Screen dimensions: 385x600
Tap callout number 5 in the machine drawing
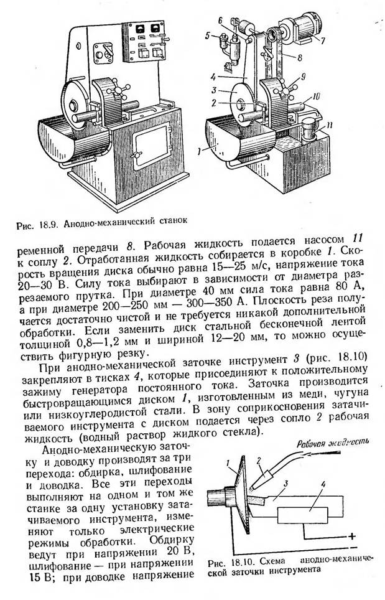[x=208, y=36]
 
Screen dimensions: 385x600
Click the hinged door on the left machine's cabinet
[x=151, y=148]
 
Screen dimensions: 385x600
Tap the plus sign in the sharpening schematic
[x=353, y=537]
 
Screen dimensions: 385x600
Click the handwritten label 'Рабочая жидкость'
[x=333, y=444]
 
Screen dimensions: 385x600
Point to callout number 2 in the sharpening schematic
[x=259, y=461]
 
